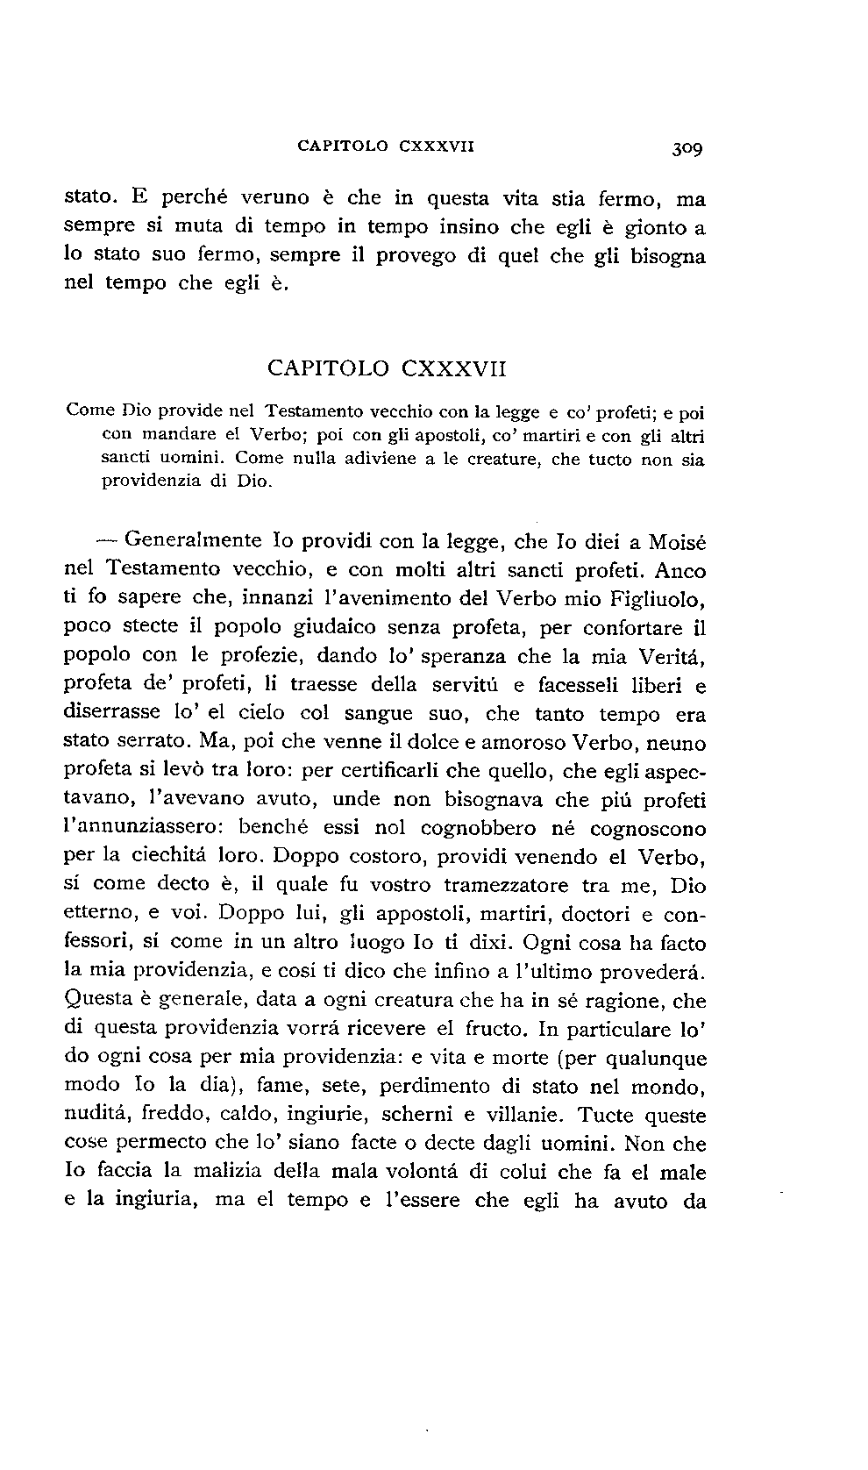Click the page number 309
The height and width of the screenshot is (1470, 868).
click(x=688, y=147)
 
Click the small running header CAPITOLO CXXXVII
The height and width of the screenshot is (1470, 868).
click(x=386, y=146)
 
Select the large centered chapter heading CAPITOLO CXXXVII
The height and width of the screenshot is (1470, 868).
click(x=387, y=368)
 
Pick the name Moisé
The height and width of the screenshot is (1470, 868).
click(x=677, y=542)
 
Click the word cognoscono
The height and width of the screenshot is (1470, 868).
click(x=647, y=828)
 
